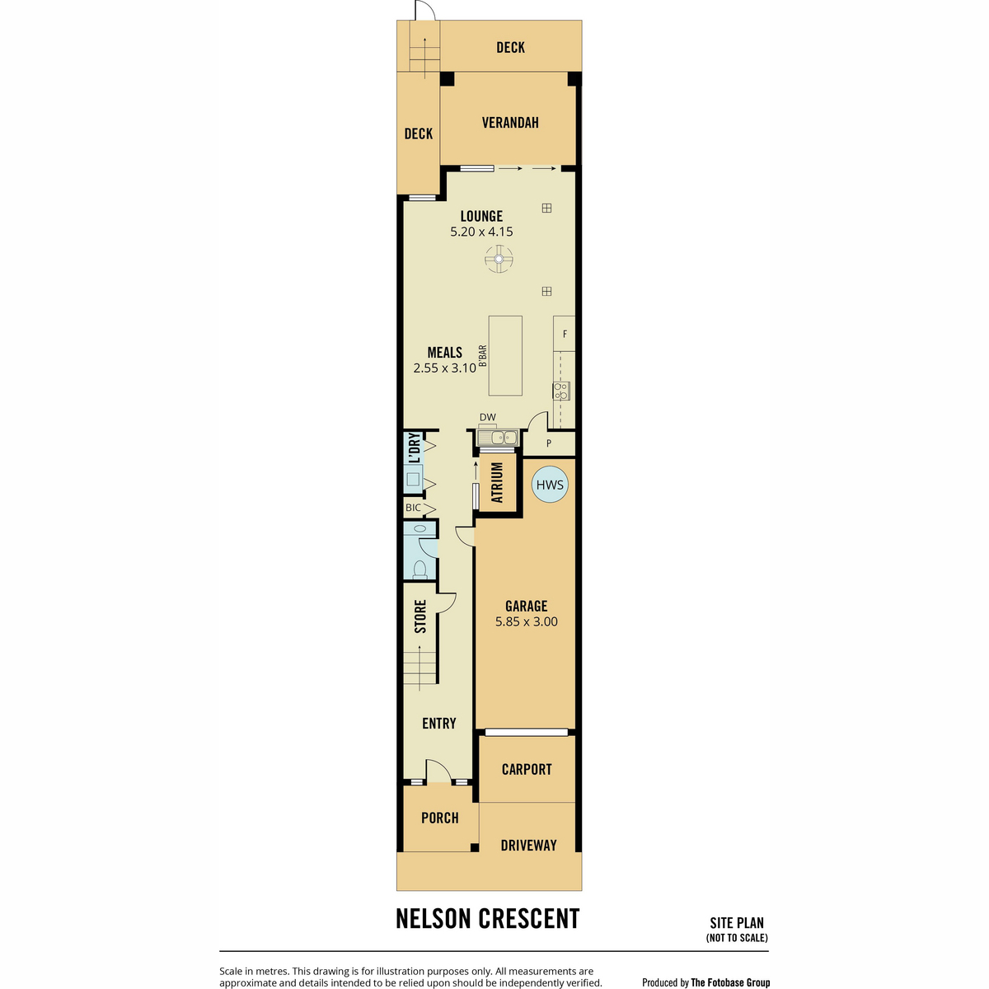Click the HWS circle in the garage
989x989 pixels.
(549, 484)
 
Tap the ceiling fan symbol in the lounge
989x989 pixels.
(499, 259)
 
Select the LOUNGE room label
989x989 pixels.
(480, 216)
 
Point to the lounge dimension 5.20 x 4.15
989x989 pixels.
(480, 232)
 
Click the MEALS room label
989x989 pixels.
(444, 353)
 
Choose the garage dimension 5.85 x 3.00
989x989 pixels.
(526, 621)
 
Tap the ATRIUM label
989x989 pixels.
(497, 482)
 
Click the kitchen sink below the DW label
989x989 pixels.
(497, 438)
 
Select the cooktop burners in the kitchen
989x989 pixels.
(561, 391)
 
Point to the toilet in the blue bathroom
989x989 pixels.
(420, 568)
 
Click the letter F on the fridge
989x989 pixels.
(565, 334)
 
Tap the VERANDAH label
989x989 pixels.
(509, 123)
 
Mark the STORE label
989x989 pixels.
(420, 616)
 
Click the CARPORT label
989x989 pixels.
(527, 769)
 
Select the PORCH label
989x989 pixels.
(440, 818)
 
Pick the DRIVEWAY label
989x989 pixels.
(528, 846)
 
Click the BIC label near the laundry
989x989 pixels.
(413, 508)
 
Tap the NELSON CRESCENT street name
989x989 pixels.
(488, 919)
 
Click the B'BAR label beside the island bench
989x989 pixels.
(482, 356)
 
